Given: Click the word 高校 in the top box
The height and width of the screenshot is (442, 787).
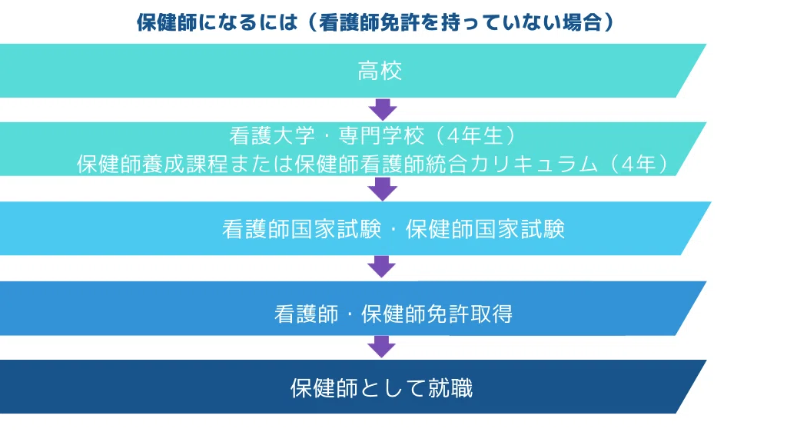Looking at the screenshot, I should pyautogui.click(x=380, y=71).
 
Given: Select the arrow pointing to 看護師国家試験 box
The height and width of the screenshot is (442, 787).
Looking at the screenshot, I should pyautogui.click(x=381, y=188).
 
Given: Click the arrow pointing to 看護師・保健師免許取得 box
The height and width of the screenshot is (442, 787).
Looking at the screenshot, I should pyautogui.click(x=381, y=266).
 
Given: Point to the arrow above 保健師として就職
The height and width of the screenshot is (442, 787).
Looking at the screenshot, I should pyautogui.click(x=381, y=346).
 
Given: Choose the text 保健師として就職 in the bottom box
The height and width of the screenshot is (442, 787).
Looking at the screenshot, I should pyautogui.click(x=381, y=387).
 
